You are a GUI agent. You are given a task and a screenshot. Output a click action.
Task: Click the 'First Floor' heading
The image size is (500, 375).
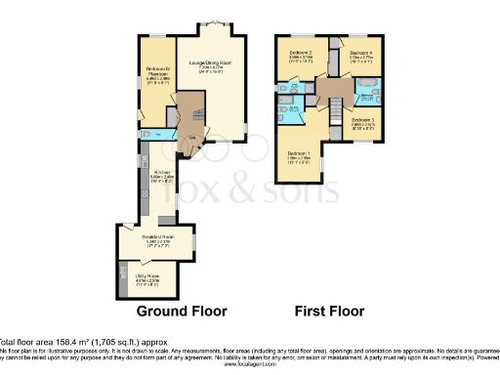330,312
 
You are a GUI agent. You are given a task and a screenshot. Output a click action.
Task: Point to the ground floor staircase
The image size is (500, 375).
191,115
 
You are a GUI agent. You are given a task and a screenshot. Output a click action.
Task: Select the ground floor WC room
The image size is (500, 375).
150,134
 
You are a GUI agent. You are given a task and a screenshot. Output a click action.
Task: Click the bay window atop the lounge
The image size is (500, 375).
217,23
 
